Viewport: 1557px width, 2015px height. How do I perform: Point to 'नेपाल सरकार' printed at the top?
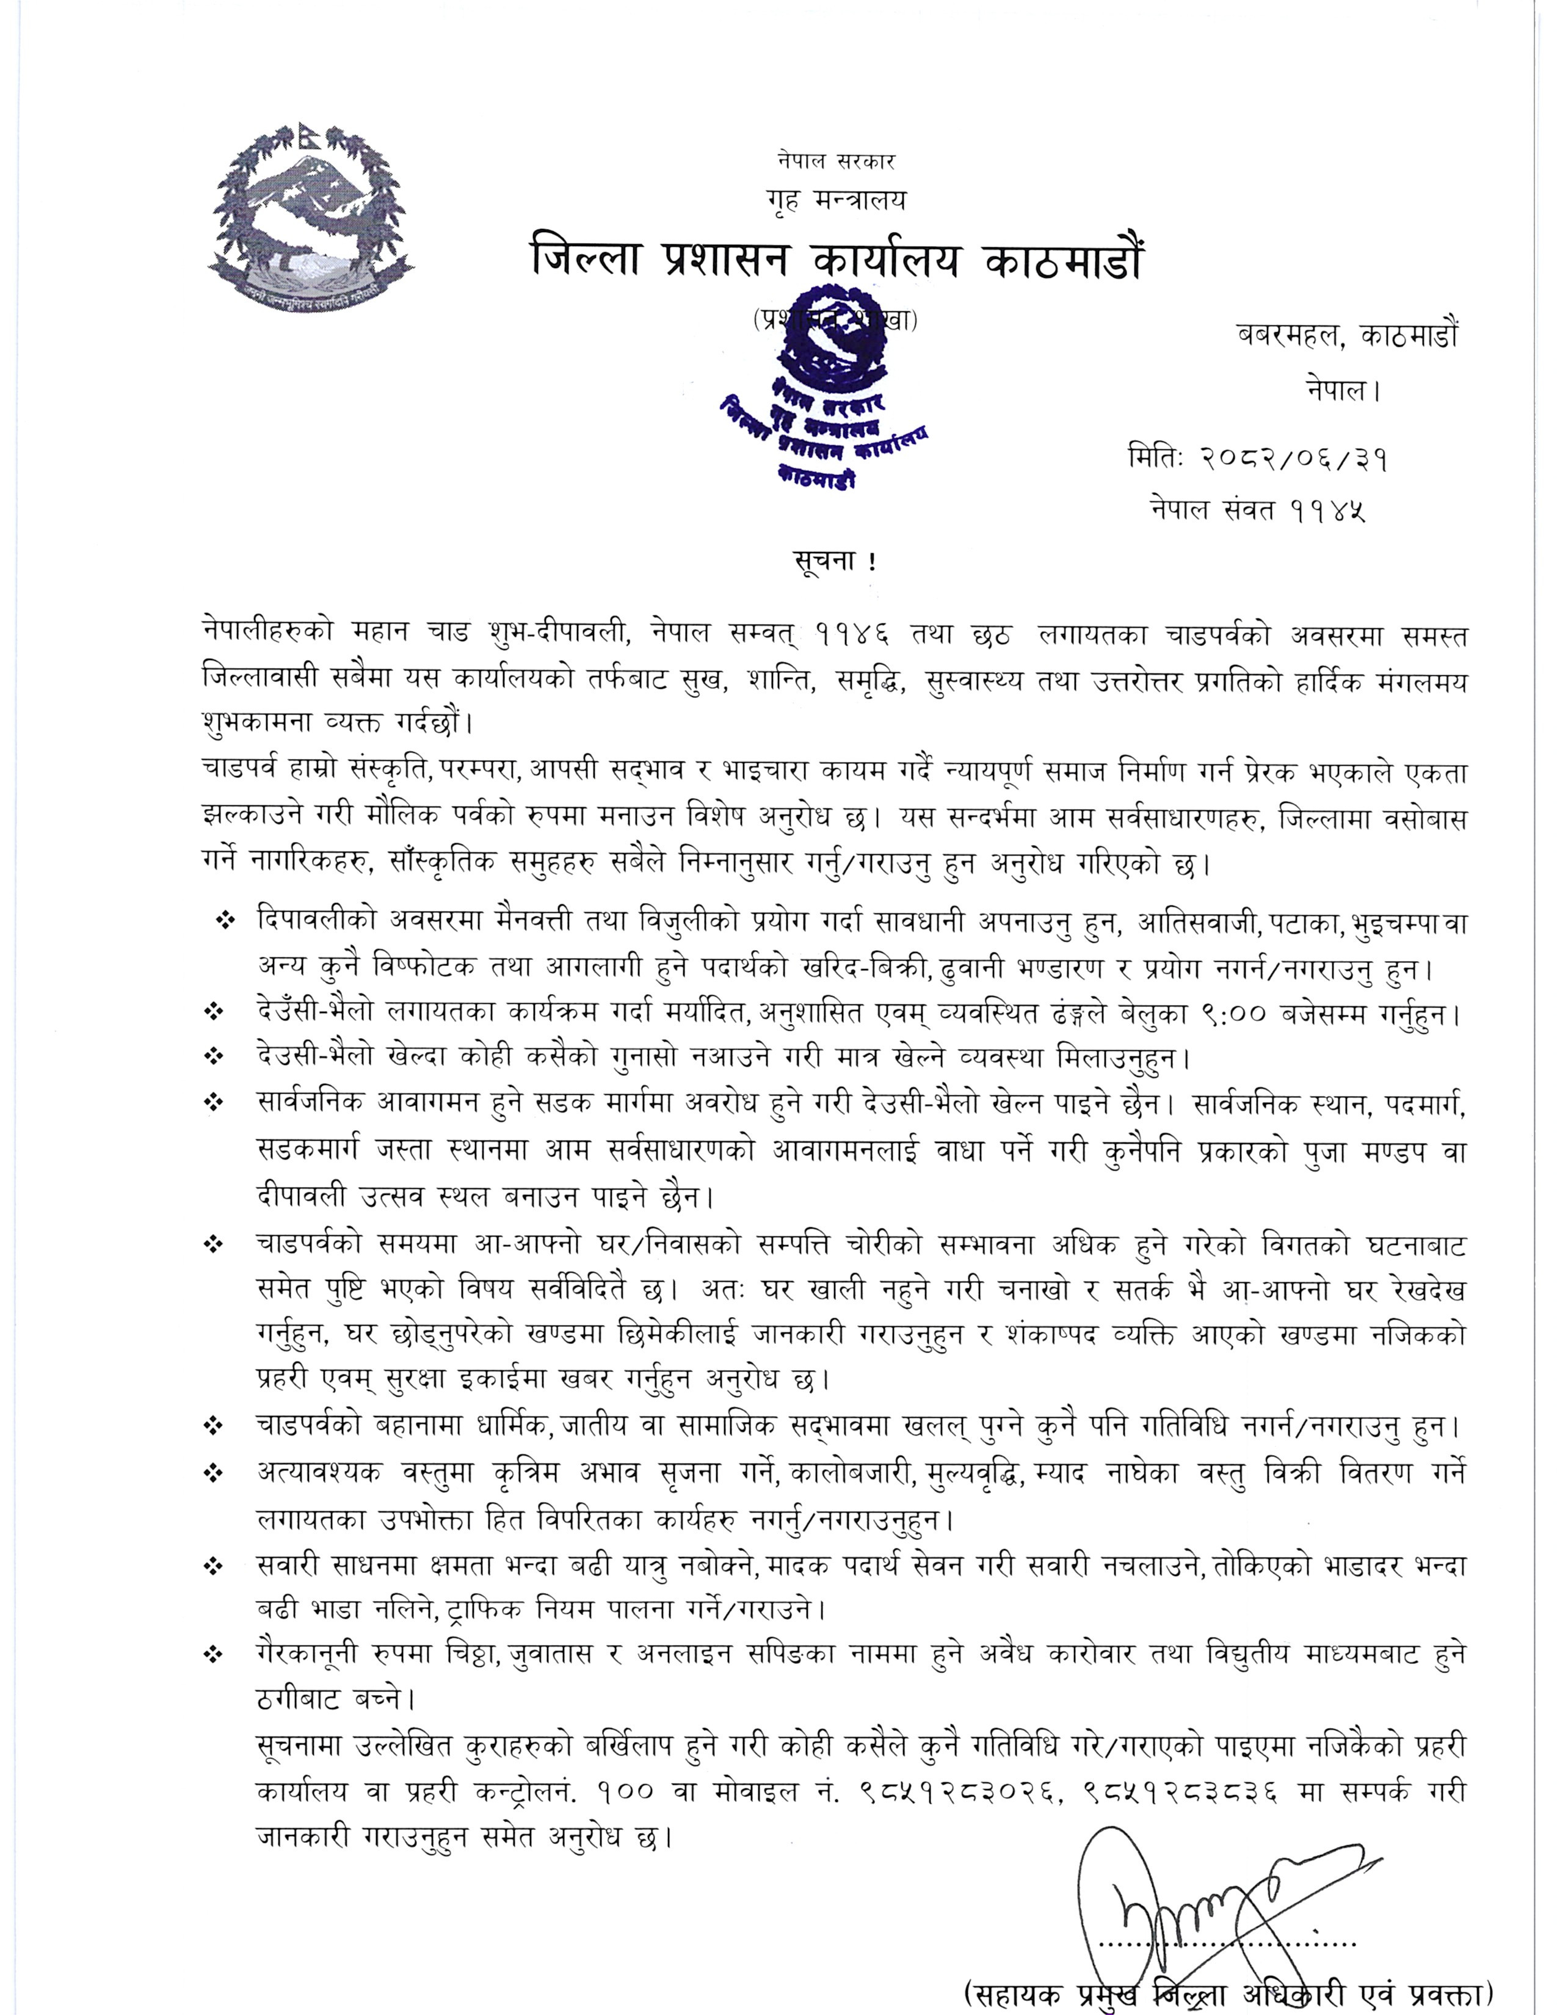(x=836, y=161)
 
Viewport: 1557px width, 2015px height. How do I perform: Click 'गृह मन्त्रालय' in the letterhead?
(x=836, y=199)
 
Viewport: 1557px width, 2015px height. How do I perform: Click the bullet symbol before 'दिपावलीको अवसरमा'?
(x=224, y=921)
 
